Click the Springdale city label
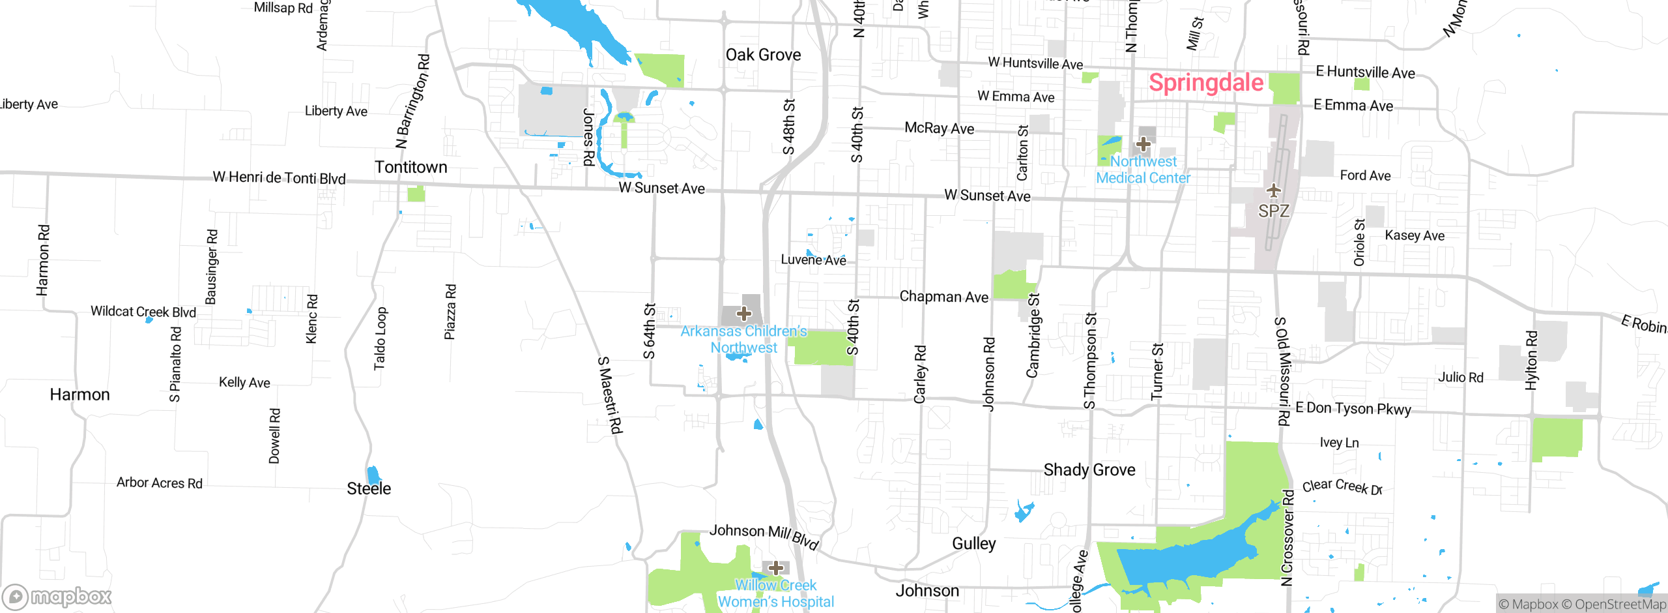(x=1205, y=83)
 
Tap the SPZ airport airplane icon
(x=1273, y=190)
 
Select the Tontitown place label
(x=410, y=167)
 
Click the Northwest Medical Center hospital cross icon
(x=1143, y=143)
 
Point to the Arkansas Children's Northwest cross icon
(x=743, y=314)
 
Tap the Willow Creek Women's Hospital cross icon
(x=775, y=567)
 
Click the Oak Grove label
(x=763, y=55)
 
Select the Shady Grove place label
(x=1089, y=470)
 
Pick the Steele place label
(x=369, y=488)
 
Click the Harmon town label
(x=79, y=395)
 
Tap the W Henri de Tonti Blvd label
(x=279, y=177)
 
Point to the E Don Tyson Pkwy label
(x=1353, y=408)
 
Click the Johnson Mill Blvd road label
(x=764, y=535)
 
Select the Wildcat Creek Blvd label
(x=143, y=311)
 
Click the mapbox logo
(x=57, y=596)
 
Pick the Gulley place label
(x=973, y=543)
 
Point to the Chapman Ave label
(x=943, y=297)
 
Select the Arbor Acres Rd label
(x=159, y=483)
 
